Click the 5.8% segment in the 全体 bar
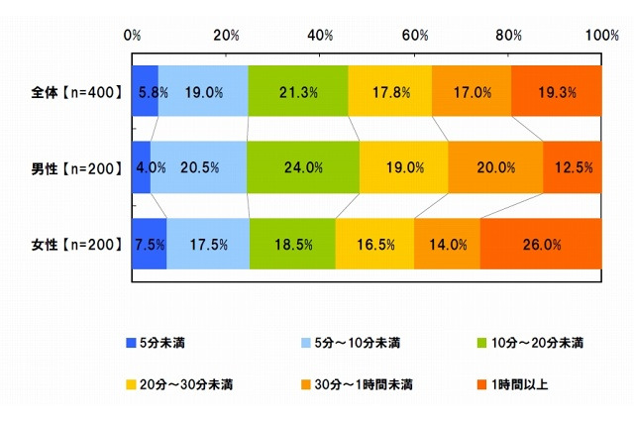tap(145, 92)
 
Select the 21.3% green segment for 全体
tap(298, 92)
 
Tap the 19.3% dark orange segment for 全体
tap(557, 92)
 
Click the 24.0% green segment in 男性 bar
tap(303, 167)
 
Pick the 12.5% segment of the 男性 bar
tap(573, 167)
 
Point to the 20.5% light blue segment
tap(198, 167)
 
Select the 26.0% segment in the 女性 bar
tap(541, 244)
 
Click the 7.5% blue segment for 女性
tap(149, 244)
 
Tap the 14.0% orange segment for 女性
tap(447, 244)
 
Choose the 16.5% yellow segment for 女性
tap(374, 244)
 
